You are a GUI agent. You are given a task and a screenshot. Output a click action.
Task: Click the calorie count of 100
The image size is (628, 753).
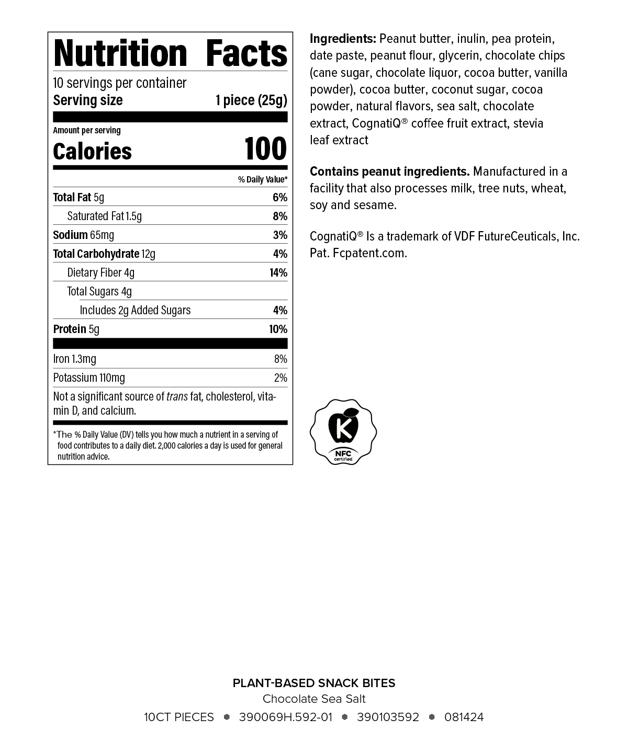(265, 149)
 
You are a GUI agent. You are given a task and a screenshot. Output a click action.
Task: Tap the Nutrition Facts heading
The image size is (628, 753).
(170, 53)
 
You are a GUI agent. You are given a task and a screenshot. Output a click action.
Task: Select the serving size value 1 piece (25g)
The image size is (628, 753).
(251, 100)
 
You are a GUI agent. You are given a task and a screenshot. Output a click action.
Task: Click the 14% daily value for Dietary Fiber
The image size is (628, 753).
(278, 272)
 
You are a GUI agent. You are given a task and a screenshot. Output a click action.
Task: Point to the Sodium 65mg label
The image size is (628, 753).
(84, 235)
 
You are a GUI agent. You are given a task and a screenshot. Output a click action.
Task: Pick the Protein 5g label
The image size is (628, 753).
(76, 329)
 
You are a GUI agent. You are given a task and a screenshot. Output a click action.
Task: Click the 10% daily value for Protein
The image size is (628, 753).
(278, 329)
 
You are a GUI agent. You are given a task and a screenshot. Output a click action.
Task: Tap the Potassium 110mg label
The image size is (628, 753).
(89, 378)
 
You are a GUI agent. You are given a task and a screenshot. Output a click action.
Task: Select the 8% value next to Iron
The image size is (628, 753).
(281, 359)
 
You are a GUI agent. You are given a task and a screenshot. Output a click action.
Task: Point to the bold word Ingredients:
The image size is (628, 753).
(343, 39)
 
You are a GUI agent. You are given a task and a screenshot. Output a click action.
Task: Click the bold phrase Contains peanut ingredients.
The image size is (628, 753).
(389, 172)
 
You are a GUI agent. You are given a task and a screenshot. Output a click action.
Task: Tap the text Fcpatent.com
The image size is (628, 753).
(369, 253)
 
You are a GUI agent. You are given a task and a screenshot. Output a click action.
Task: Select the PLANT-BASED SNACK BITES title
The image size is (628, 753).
(314, 683)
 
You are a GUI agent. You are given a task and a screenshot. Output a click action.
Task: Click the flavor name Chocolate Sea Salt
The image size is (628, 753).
(314, 699)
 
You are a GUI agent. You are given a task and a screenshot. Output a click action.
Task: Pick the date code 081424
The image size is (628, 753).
(464, 717)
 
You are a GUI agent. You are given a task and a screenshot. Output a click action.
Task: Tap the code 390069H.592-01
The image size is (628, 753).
(285, 717)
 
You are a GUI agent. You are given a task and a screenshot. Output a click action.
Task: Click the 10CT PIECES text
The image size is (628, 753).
(179, 717)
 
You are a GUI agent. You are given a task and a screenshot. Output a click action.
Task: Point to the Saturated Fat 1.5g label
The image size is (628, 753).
(104, 216)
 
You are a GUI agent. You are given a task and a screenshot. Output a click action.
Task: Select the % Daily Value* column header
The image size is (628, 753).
(263, 179)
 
